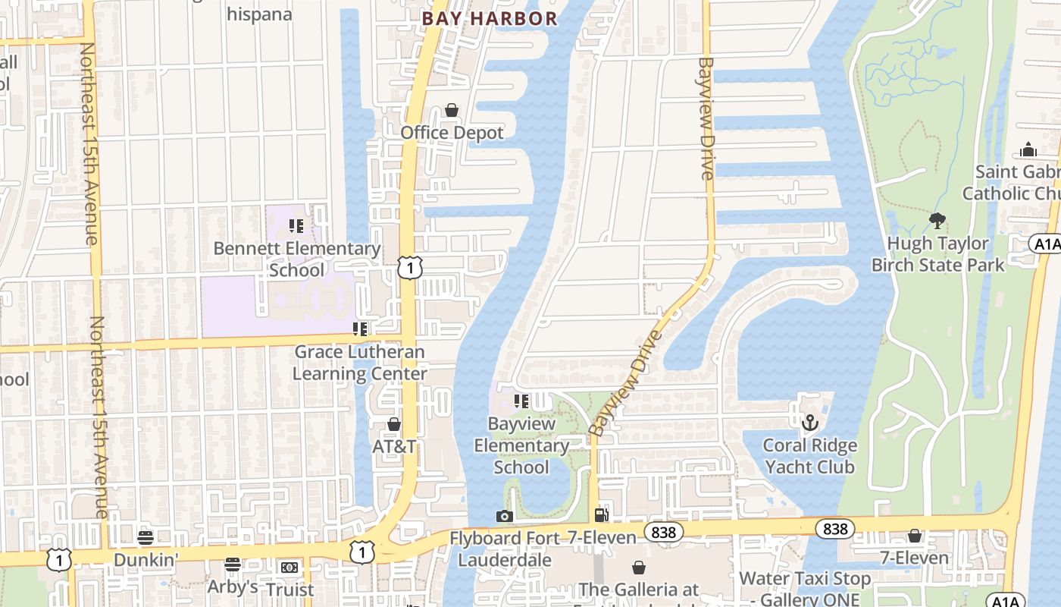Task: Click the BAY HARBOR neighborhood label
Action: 490,18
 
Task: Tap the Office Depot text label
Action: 452,133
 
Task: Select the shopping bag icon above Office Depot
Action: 452,111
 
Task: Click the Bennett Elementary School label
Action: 297,259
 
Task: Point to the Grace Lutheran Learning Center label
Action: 359,363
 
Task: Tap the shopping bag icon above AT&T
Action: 393,424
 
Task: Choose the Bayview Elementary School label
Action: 521,445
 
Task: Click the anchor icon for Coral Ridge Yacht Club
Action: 810,422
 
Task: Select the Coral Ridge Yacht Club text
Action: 809,456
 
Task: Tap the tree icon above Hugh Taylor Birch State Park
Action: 937,221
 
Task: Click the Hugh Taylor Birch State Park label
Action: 937,254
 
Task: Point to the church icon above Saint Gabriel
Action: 1028,149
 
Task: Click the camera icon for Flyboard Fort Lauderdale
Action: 504,517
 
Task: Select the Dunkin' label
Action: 146,560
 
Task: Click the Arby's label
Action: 233,587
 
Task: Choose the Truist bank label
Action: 290,589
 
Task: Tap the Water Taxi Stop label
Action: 805,579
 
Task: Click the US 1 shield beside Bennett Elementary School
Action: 409,267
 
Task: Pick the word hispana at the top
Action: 259,14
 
